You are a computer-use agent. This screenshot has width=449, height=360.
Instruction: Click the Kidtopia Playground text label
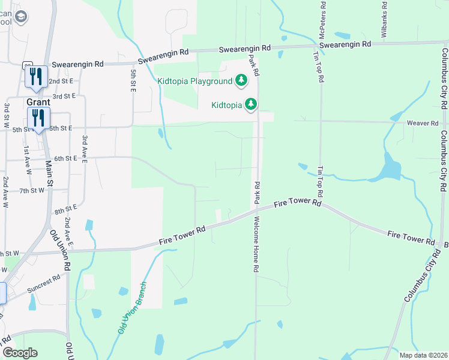194,81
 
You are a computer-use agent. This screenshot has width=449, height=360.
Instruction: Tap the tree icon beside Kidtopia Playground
241,80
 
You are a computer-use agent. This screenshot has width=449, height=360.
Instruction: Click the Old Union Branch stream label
132,307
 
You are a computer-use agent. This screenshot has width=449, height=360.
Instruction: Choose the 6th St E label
66,158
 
